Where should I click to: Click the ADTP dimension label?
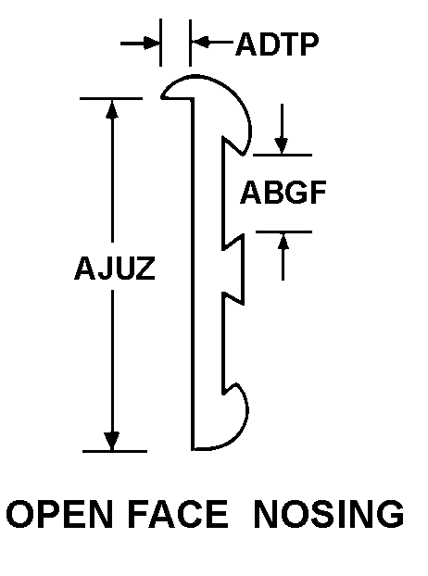point(277,44)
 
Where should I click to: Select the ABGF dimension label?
point(283,192)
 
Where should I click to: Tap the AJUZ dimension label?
point(115,268)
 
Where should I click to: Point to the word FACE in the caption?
point(178,514)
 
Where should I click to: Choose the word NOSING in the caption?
point(329,514)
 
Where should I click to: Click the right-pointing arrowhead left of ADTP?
point(151,43)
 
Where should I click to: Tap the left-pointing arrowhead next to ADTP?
point(200,43)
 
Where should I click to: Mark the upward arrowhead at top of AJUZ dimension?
point(112,109)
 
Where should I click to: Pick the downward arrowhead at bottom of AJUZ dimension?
point(112,441)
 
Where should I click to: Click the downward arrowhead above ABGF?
point(282,145)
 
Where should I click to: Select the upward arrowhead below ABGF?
point(283,242)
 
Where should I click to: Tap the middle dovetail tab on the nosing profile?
point(233,269)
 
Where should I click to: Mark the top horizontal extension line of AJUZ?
point(111,99)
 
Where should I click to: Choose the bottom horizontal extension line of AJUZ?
point(115,451)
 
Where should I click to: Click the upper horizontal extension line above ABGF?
point(283,156)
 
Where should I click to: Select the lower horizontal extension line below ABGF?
point(283,232)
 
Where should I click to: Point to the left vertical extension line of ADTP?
point(160,43)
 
